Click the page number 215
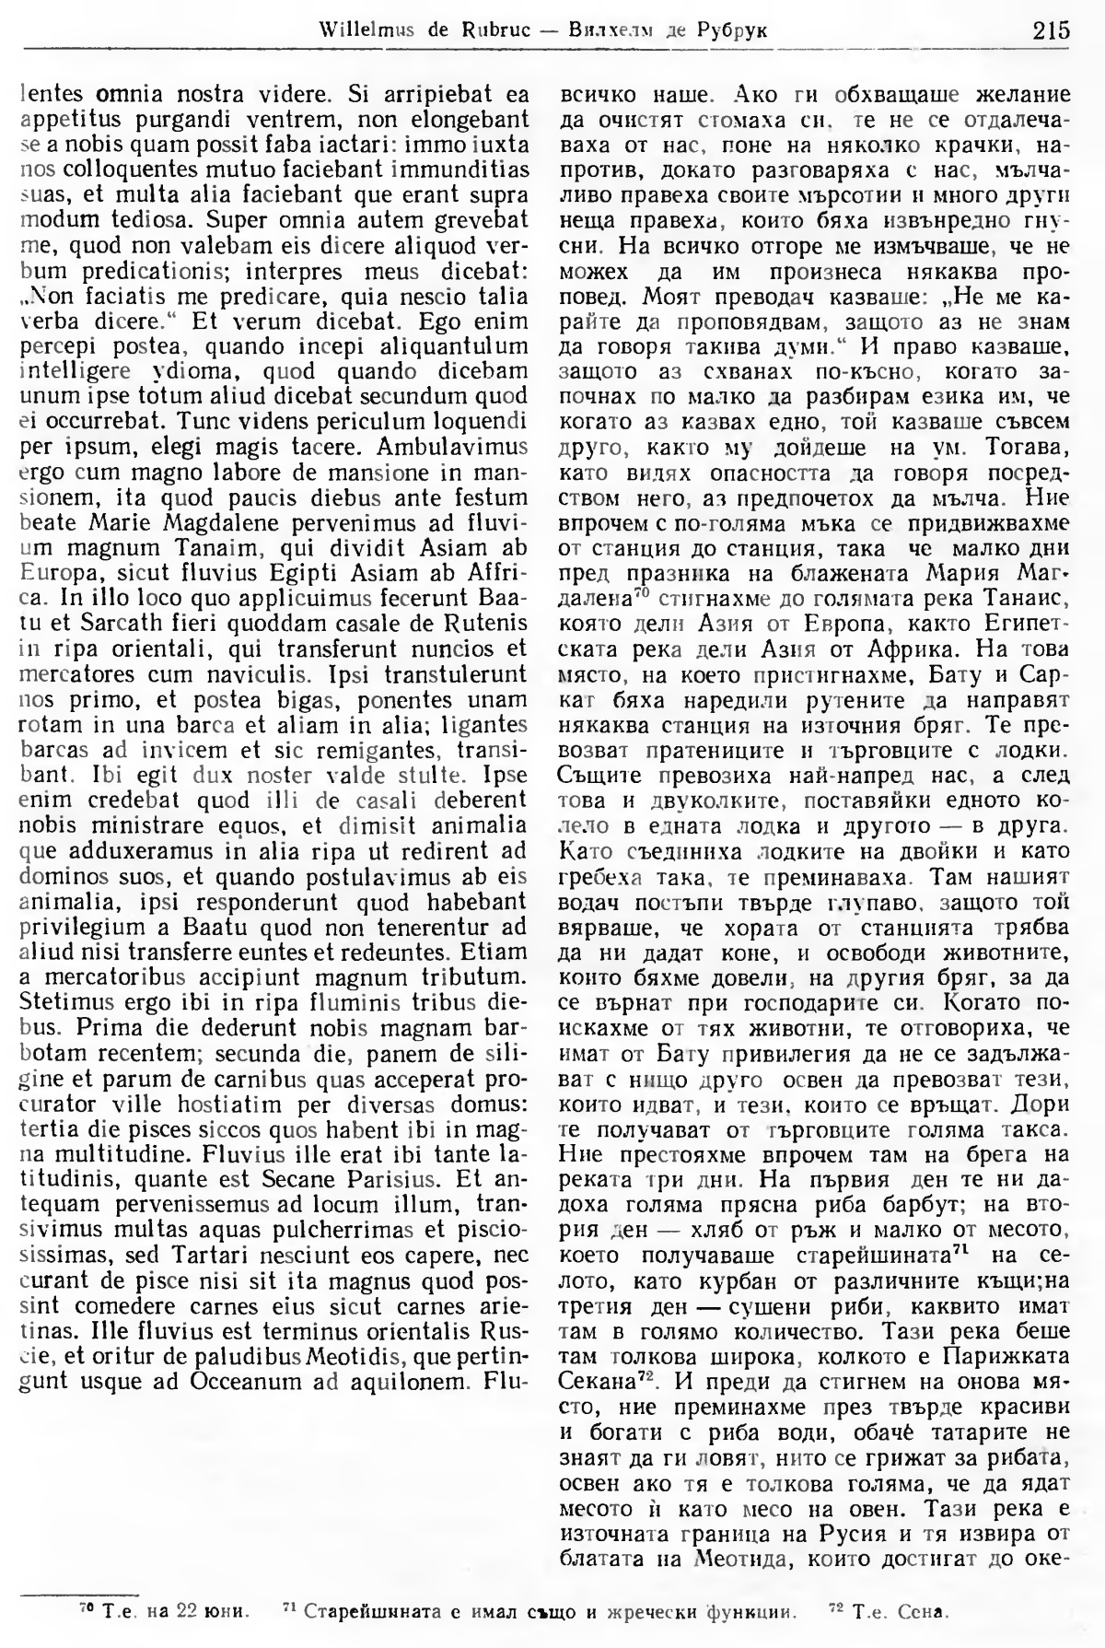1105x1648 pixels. point(1051,29)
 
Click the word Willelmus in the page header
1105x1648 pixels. point(365,30)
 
